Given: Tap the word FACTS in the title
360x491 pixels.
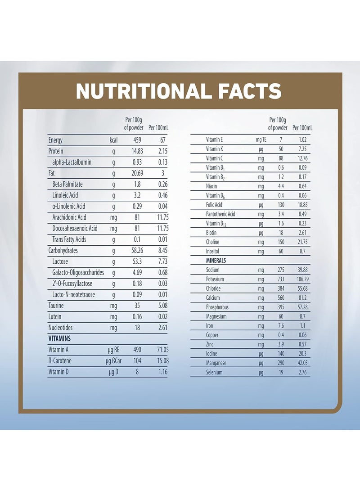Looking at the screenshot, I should coord(246,91).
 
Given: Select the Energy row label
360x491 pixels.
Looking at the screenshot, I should coord(56,140).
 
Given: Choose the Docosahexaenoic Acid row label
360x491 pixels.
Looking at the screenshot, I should coord(75,228).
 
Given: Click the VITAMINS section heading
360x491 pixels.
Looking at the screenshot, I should coord(60,338).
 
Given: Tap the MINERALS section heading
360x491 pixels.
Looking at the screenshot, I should coord(216,261).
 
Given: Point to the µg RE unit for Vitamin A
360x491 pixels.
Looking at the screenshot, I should coord(112,350).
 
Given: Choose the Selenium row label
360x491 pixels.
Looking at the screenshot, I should coord(214,372).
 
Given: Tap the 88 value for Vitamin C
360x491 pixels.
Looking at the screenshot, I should coord(281,158).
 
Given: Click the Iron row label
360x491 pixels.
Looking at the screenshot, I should coord(211,326).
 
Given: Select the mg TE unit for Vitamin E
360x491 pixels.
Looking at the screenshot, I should coord(261,140).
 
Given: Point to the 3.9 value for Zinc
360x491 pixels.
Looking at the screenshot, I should coord(281,344).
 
